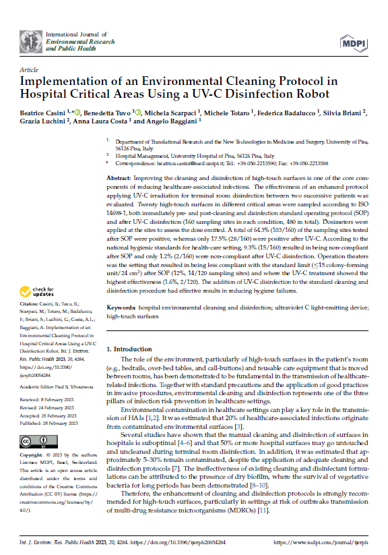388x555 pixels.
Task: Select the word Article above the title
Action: [29, 69]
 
